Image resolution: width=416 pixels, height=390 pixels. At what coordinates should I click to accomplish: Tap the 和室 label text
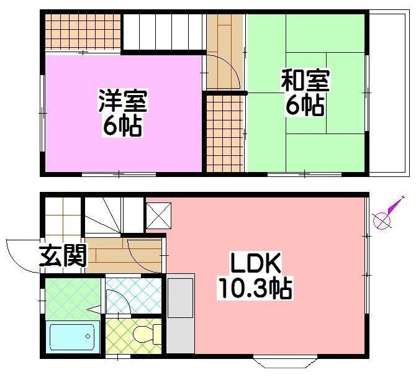pos(305,81)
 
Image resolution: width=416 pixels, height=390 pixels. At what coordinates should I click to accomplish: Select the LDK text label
pos(255,265)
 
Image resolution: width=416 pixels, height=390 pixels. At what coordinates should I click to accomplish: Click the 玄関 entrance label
pos(63,255)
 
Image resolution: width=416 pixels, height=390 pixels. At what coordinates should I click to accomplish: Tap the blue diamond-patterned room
pos(133,294)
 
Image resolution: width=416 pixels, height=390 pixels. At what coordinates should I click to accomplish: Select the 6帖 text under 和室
pos(305,106)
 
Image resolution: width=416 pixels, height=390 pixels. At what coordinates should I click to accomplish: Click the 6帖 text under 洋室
pos(122,126)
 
